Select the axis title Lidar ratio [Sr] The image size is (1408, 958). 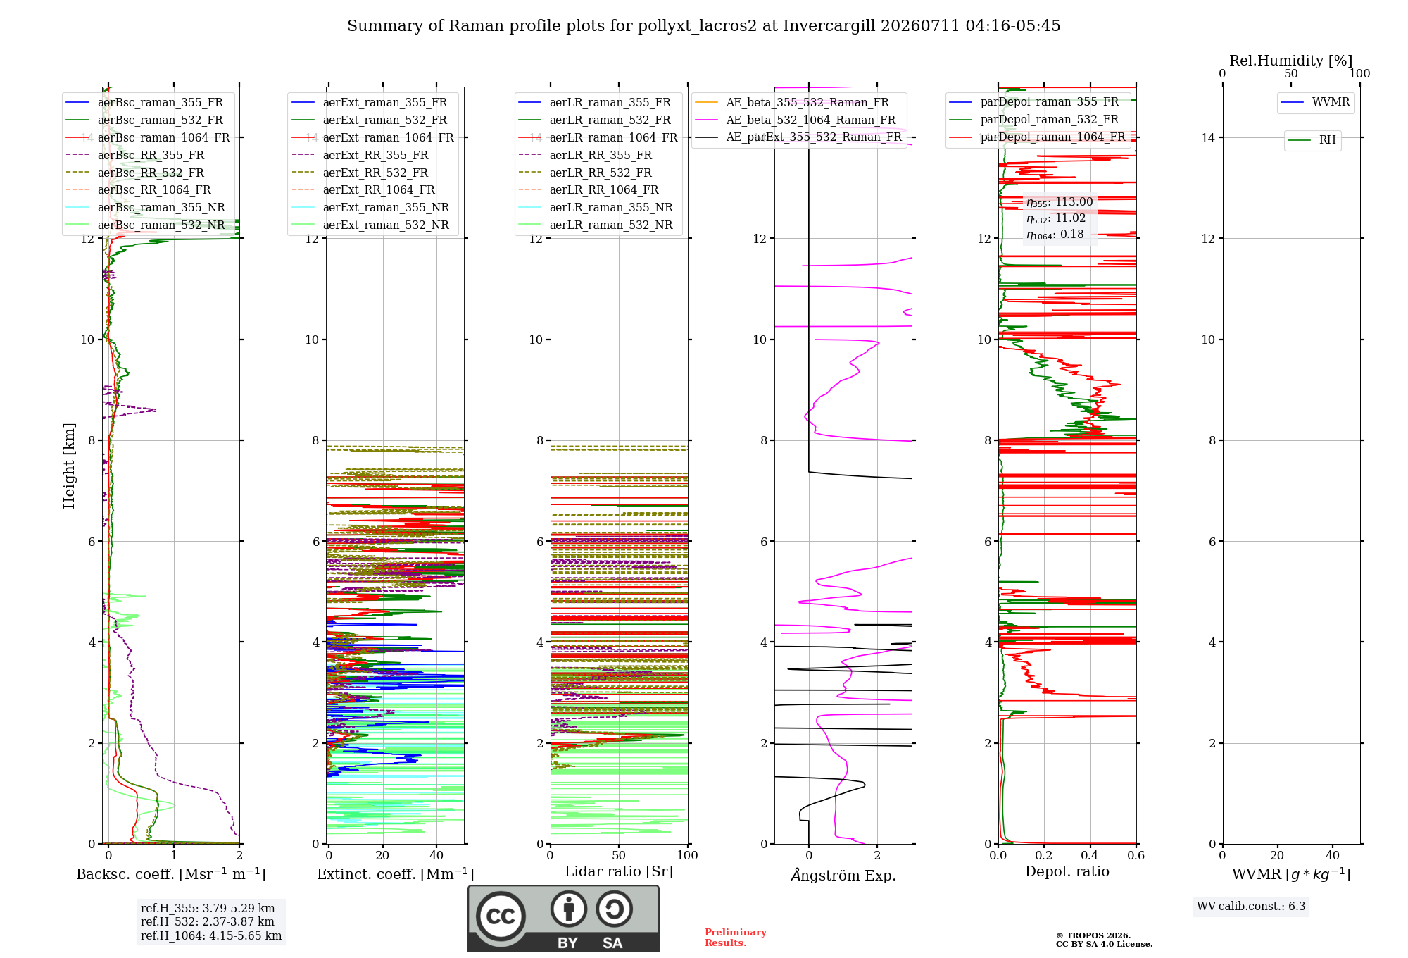pos(619,871)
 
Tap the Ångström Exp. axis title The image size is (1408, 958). pos(843,875)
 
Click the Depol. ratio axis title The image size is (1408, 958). pos(1067,871)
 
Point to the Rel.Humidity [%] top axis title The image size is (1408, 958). pos(1291,61)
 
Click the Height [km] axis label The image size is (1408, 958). pos(69,466)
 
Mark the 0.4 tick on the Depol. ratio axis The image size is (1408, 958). pos(1090,855)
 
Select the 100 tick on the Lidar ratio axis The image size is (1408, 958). pos(687,855)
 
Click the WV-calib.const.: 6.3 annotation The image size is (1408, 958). pos(1251,906)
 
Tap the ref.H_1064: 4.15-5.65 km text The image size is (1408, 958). pos(211,935)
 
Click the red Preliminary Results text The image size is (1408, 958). pos(736,938)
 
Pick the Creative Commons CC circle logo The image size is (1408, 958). pos(501,916)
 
